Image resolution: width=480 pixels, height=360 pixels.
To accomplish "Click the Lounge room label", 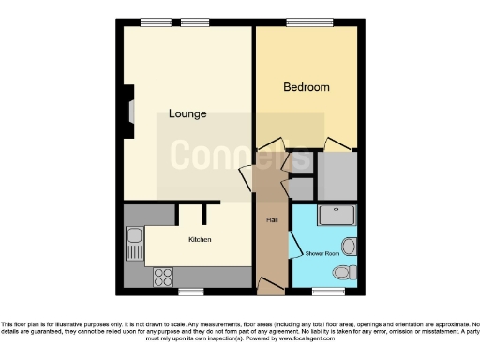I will tap(187, 113).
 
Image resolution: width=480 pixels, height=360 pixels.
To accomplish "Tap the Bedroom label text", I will tap(307, 87).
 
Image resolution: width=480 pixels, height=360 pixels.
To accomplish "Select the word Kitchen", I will tap(200, 240).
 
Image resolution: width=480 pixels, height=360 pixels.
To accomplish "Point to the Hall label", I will tap(272, 219).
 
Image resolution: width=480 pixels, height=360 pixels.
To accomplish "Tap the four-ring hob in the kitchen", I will tap(163, 277).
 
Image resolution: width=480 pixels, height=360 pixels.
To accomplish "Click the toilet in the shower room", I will tap(345, 273).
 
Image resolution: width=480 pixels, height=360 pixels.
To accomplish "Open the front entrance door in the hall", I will tap(269, 283).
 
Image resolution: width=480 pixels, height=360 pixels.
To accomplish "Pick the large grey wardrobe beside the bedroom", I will tap(337, 174).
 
